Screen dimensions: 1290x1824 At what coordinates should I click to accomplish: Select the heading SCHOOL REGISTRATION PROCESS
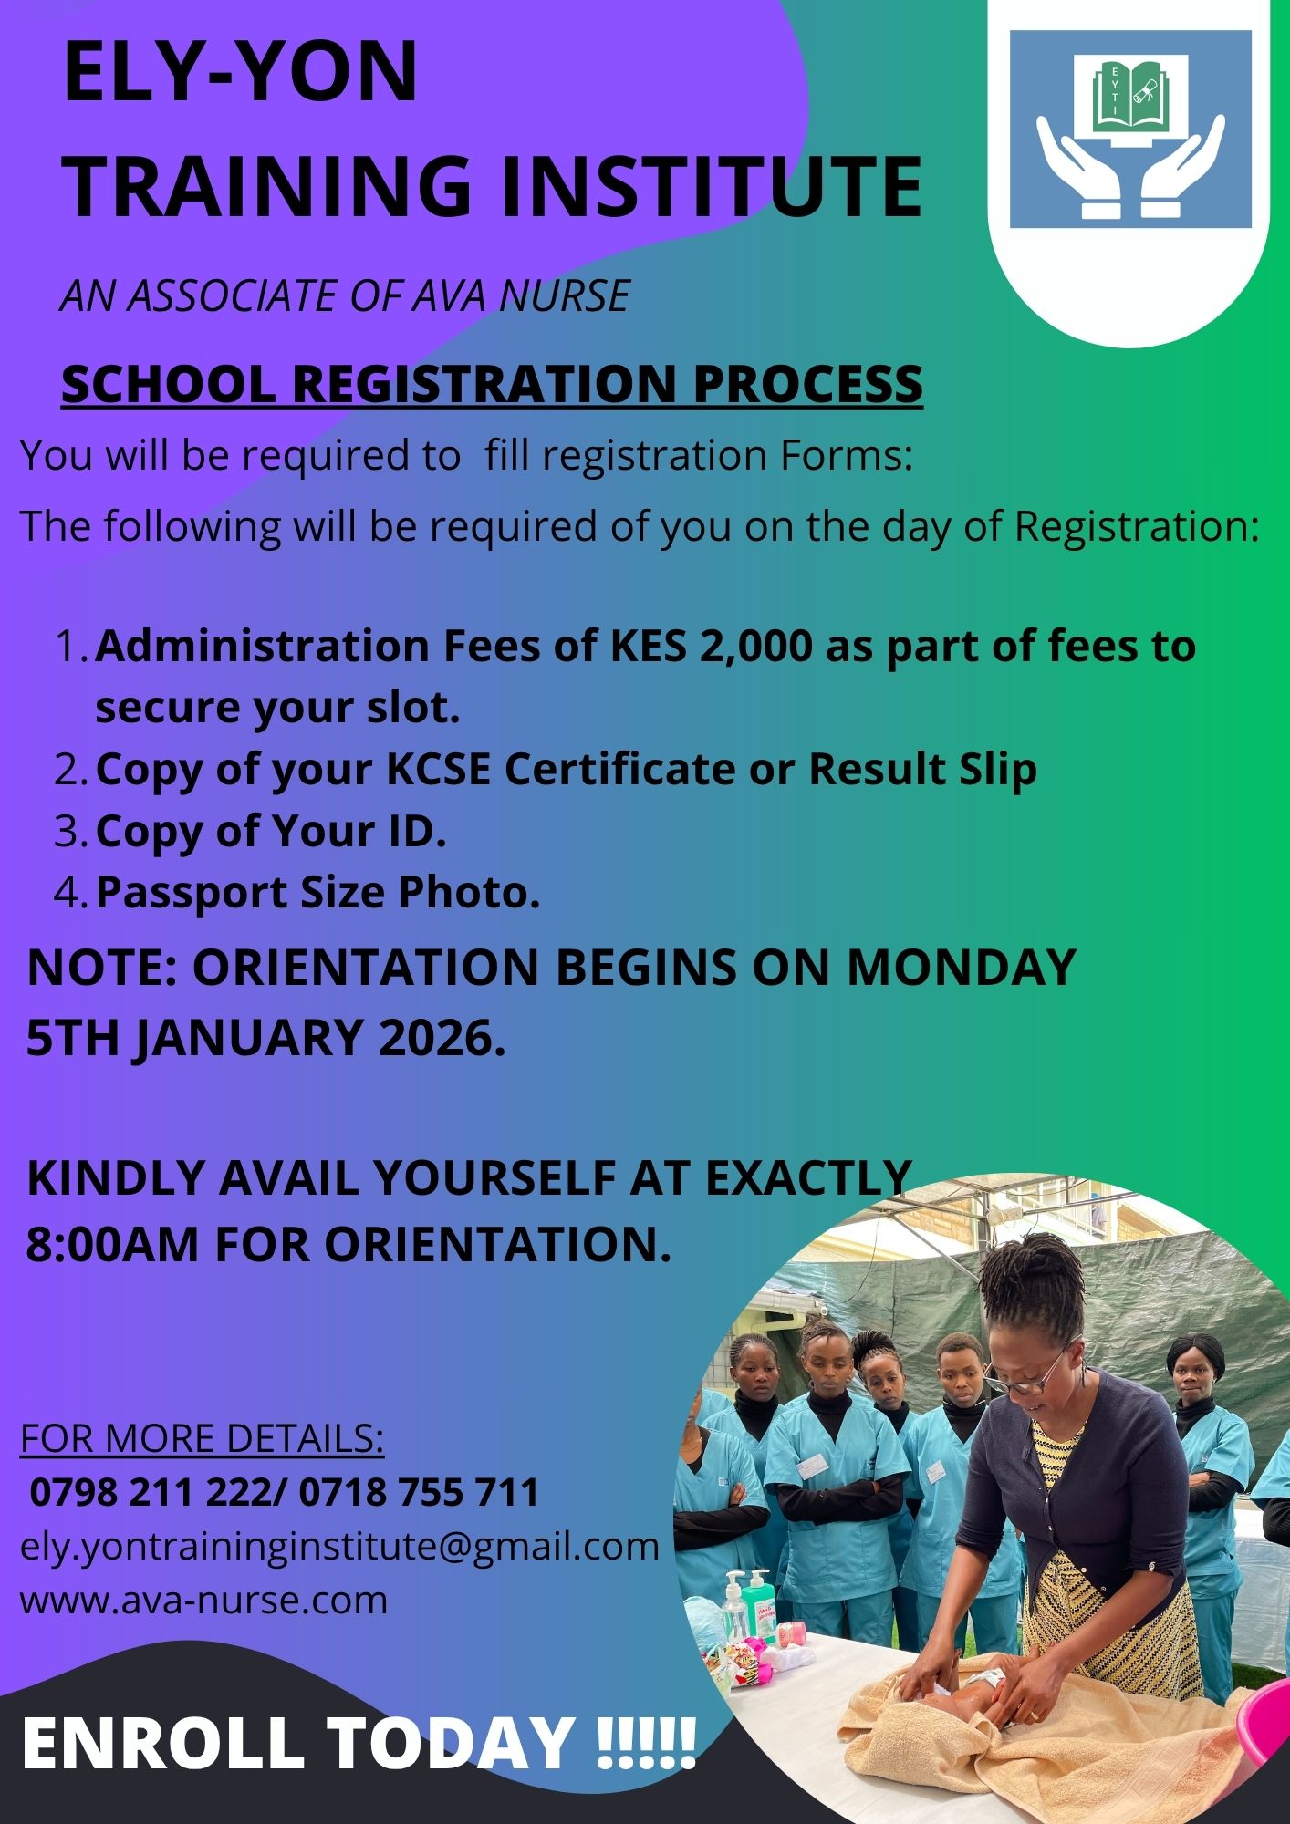pyautogui.click(x=492, y=383)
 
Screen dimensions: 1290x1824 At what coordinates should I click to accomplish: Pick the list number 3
pyautogui.click(x=69, y=831)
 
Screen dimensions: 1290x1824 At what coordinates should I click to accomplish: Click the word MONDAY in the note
pyautogui.click(x=962, y=967)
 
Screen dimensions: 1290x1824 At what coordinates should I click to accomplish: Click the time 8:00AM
pyautogui.click(x=111, y=1244)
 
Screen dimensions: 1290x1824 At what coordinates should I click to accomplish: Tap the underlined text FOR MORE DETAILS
pyautogui.click(x=202, y=1438)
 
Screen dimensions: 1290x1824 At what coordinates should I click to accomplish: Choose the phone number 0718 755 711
pyautogui.click(x=419, y=1493)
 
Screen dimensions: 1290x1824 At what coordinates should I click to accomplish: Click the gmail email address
pyautogui.click(x=339, y=1547)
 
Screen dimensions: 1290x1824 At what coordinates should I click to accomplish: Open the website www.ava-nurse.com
pyautogui.click(x=203, y=1601)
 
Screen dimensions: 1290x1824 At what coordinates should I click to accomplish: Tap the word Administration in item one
pyautogui.click(x=263, y=647)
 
